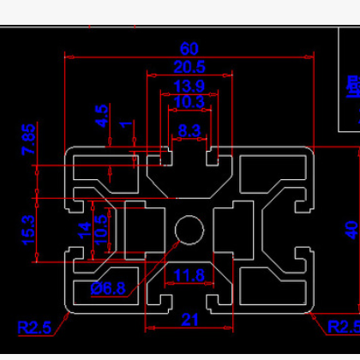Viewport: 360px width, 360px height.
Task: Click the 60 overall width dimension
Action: point(189,48)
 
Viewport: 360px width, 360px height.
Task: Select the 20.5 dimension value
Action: point(189,67)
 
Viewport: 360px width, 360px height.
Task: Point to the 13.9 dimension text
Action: point(189,86)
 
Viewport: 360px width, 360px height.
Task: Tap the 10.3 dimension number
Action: point(189,103)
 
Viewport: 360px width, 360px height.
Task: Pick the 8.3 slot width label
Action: point(189,131)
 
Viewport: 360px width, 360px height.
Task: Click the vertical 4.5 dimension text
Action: point(102,116)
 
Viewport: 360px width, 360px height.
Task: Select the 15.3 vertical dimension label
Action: point(29,230)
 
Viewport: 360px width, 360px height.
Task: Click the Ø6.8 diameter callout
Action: point(109,288)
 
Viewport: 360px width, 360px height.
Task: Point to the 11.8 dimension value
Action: point(189,275)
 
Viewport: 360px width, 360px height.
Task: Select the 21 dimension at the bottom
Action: point(189,320)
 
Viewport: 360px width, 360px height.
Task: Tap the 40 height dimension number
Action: point(351,230)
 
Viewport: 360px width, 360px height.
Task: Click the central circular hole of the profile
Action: point(189,229)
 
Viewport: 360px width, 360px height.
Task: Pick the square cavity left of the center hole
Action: point(141,229)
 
